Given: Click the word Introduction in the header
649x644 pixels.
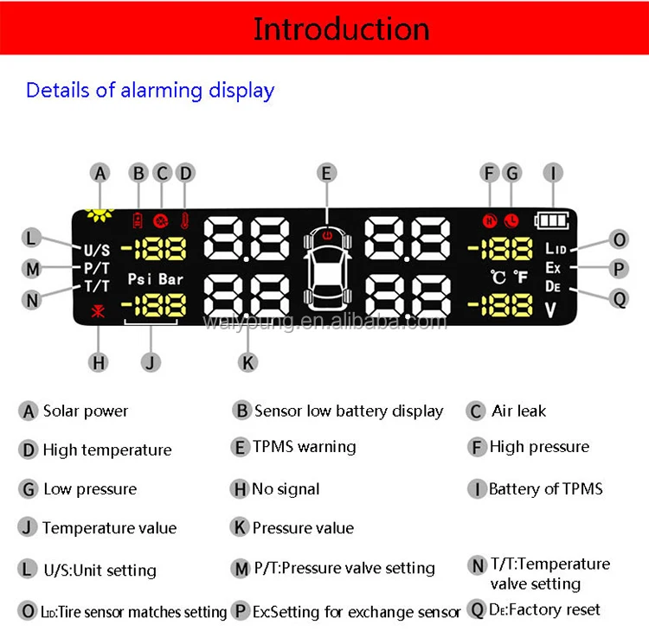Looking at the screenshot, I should coord(341,29).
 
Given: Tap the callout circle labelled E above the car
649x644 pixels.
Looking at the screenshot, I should coord(326,173).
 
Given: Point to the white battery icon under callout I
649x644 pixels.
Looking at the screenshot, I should coord(552,220).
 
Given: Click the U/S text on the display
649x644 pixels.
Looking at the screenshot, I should coord(97,250).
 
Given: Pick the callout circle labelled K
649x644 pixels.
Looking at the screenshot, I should coord(248,362).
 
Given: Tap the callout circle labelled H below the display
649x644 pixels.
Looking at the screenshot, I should coord(100,362).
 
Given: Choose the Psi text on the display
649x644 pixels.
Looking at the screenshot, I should coord(140,279).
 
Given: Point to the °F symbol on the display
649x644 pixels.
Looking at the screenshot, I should coord(520,278).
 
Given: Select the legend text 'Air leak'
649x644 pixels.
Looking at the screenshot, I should coord(519,411).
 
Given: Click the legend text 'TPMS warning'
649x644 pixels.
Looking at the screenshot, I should coord(304,447).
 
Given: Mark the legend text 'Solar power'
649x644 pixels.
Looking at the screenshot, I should coord(86,411).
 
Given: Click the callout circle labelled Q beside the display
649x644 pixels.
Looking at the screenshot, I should coord(619,298).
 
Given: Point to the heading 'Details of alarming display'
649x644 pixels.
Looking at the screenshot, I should coord(150,90).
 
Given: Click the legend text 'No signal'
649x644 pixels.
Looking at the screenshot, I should coord(286,488).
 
